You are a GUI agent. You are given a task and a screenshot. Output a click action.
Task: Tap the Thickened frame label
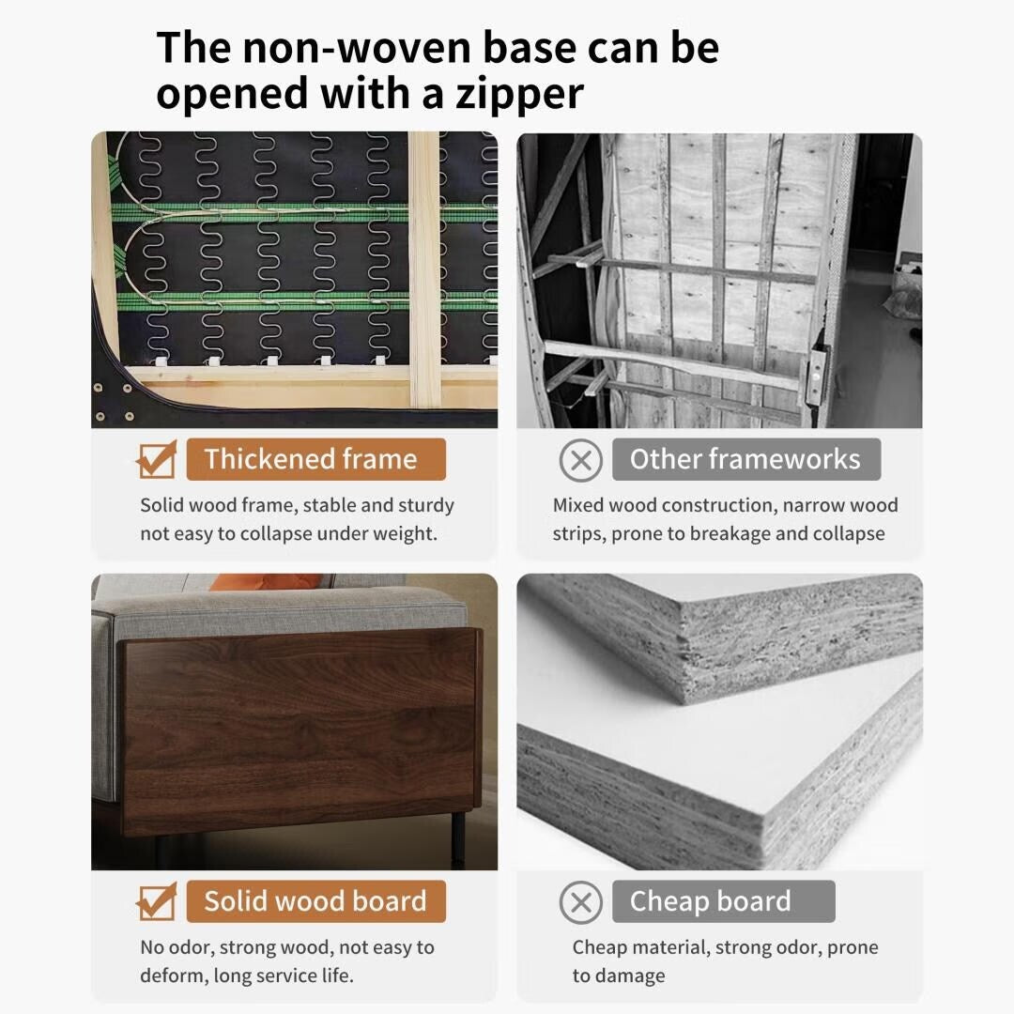[x=311, y=459]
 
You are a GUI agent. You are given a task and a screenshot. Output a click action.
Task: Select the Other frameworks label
[x=745, y=459]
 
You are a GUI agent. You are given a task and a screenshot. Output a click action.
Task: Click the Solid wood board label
[x=315, y=901]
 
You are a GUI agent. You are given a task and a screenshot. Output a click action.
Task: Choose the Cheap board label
[x=711, y=901]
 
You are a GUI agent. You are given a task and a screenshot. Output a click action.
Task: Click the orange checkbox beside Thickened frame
[x=156, y=459]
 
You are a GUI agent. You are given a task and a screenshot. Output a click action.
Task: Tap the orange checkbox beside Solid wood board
[x=156, y=901]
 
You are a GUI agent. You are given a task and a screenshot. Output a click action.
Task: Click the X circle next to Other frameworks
[x=581, y=460]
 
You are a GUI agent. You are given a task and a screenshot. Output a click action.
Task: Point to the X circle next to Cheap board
[x=581, y=902]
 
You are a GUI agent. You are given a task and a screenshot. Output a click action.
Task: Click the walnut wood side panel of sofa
[x=300, y=723]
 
